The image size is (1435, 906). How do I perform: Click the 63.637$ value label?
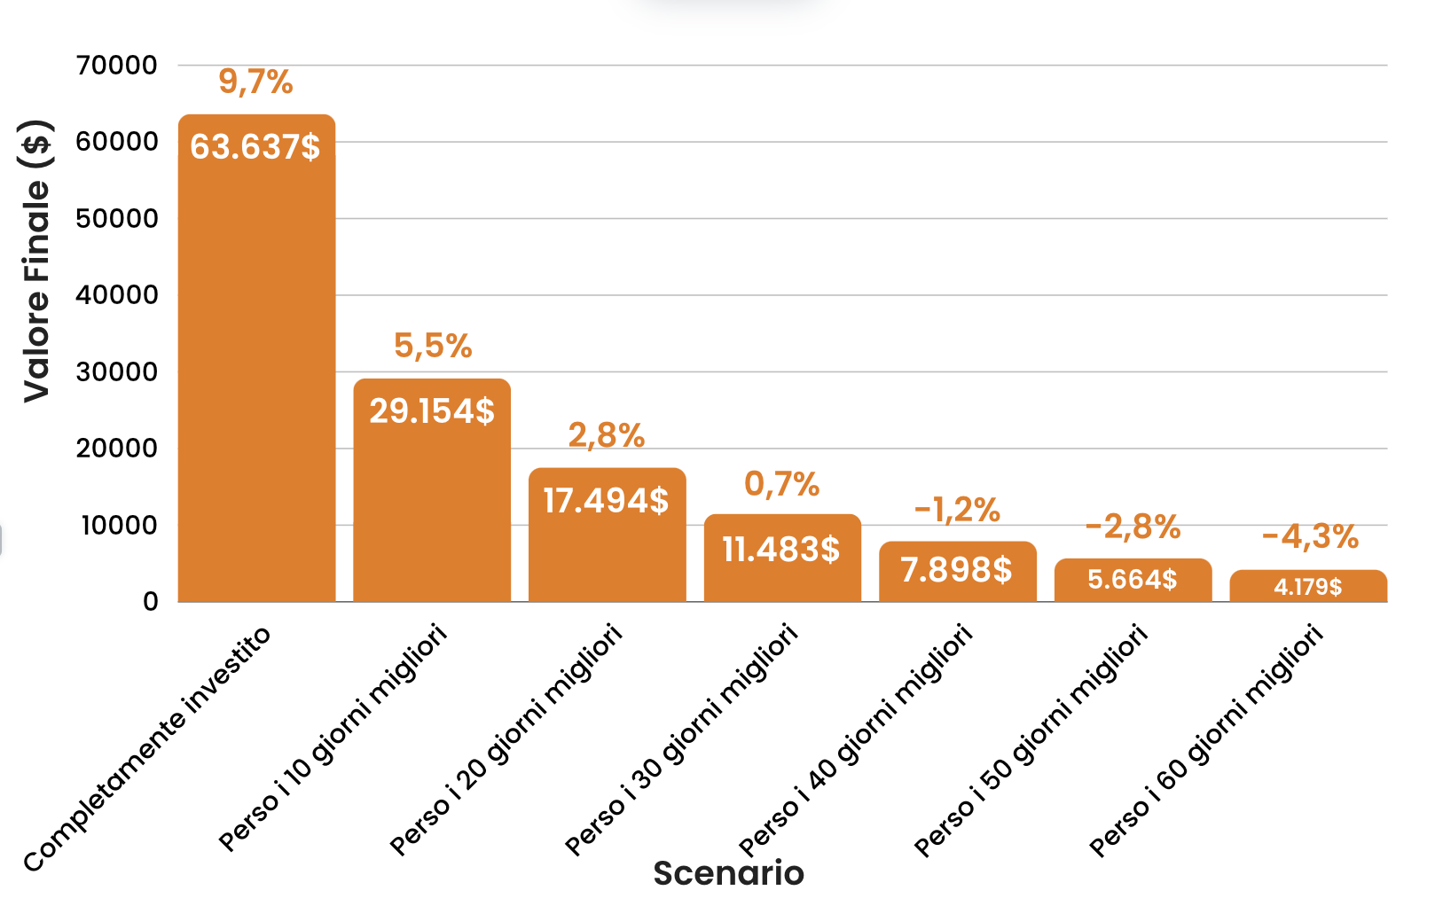click(255, 147)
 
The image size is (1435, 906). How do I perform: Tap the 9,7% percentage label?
click(255, 82)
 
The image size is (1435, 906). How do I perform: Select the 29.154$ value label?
click(432, 411)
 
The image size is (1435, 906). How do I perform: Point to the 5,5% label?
click(433, 346)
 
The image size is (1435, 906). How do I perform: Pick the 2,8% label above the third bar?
click(607, 435)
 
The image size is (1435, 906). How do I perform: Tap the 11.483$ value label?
click(781, 550)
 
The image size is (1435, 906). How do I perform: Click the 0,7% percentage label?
click(781, 484)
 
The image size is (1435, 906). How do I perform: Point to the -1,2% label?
click(957, 510)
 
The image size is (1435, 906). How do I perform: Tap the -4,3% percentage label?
click(1310, 536)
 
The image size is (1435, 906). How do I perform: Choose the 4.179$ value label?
click(1308, 587)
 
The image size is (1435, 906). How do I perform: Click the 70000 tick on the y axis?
click(117, 65)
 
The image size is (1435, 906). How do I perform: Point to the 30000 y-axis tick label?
click(117, 372)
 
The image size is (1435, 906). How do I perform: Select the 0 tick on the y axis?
click(151, 602)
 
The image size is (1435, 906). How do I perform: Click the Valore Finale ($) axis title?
click(37, 261)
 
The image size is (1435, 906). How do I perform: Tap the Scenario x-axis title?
click(728, 873)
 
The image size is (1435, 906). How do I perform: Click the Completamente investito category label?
click(147, 749)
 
